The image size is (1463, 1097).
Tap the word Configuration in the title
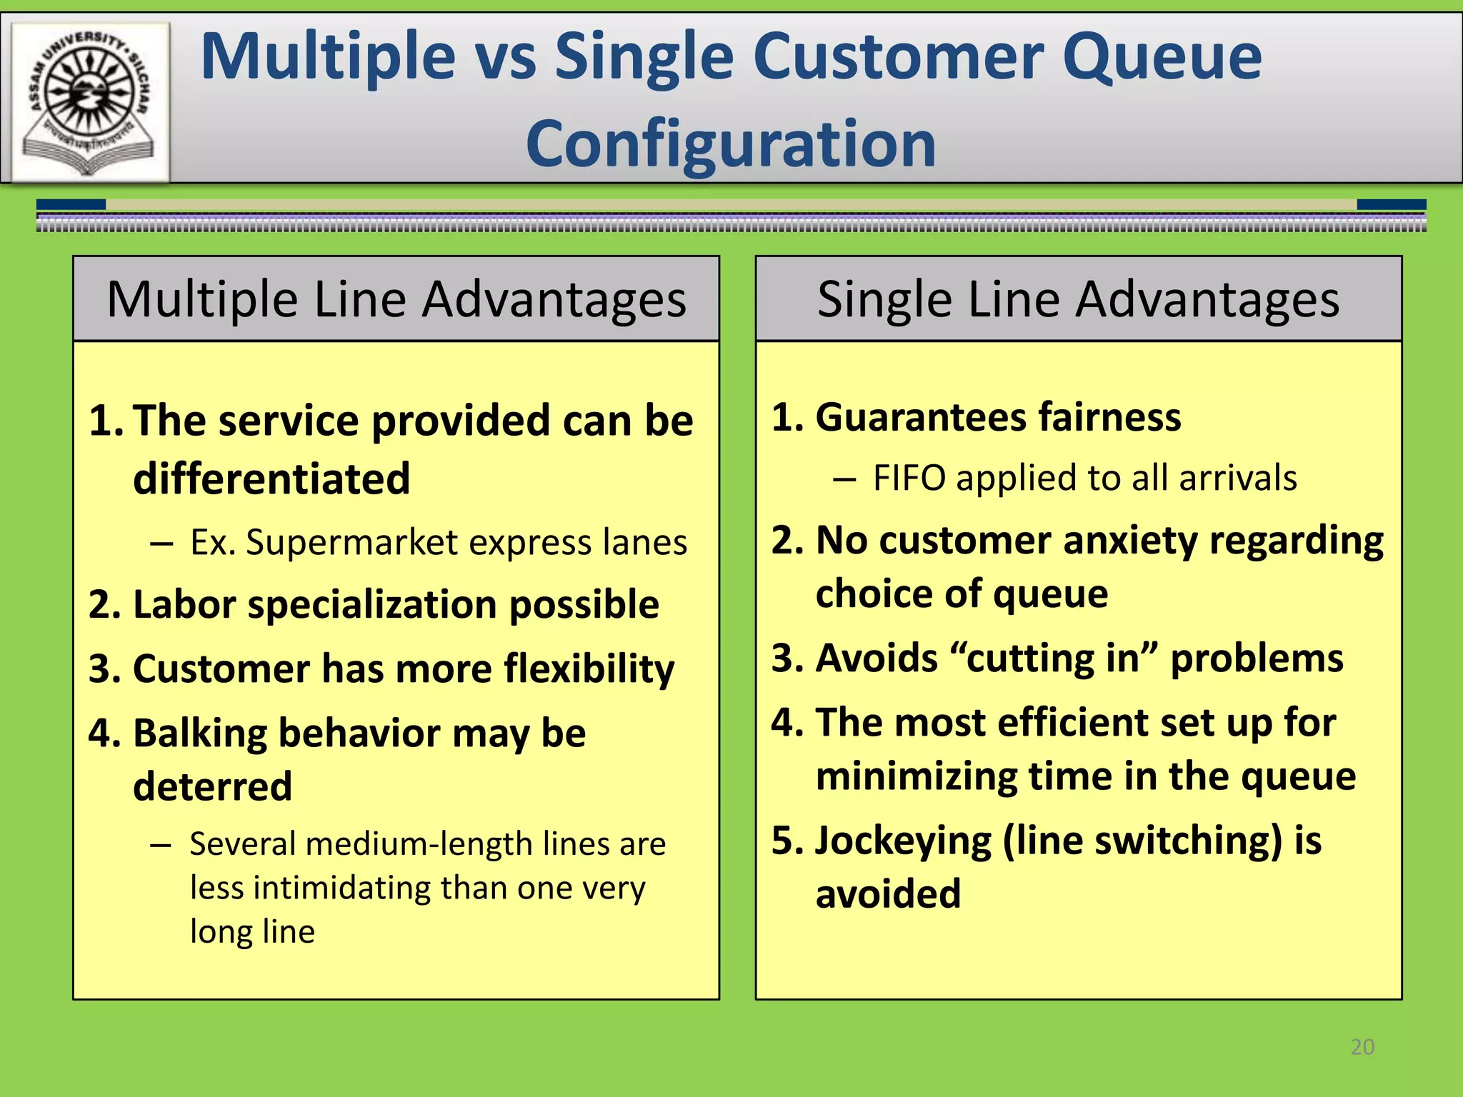[731, 144]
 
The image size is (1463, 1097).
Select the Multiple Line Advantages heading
[396, 299]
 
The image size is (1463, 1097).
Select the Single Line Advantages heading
[1078, 299]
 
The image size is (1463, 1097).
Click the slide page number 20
[1362, 1047]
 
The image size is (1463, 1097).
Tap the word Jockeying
[903, 841]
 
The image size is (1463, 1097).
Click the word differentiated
[271, 479]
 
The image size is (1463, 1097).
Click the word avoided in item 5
[888, 894]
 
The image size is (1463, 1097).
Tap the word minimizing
[917, 776]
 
